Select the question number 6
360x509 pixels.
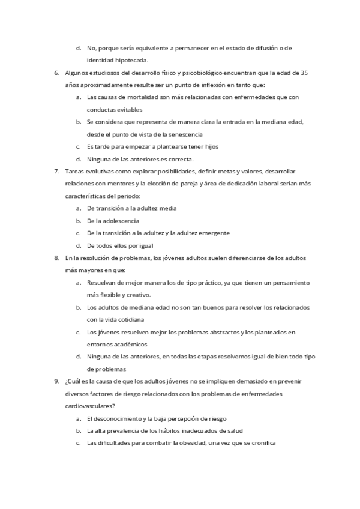tap(56, 73)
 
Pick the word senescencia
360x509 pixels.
tap(183, 134)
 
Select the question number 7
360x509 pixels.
tap(56, 171)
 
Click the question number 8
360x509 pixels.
tap(56, 258)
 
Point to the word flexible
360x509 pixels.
tap(112, 295)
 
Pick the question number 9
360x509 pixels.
tap(56, 381)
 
